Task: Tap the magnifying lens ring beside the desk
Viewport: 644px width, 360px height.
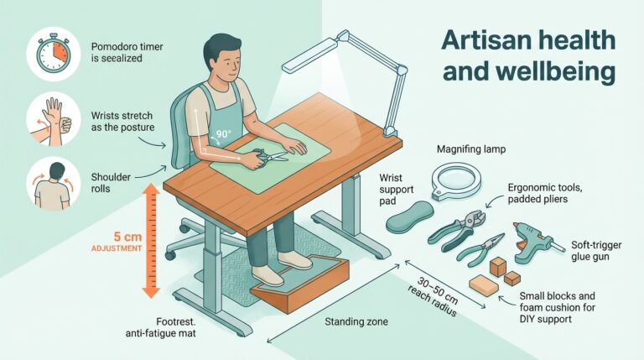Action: pos(456,179)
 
